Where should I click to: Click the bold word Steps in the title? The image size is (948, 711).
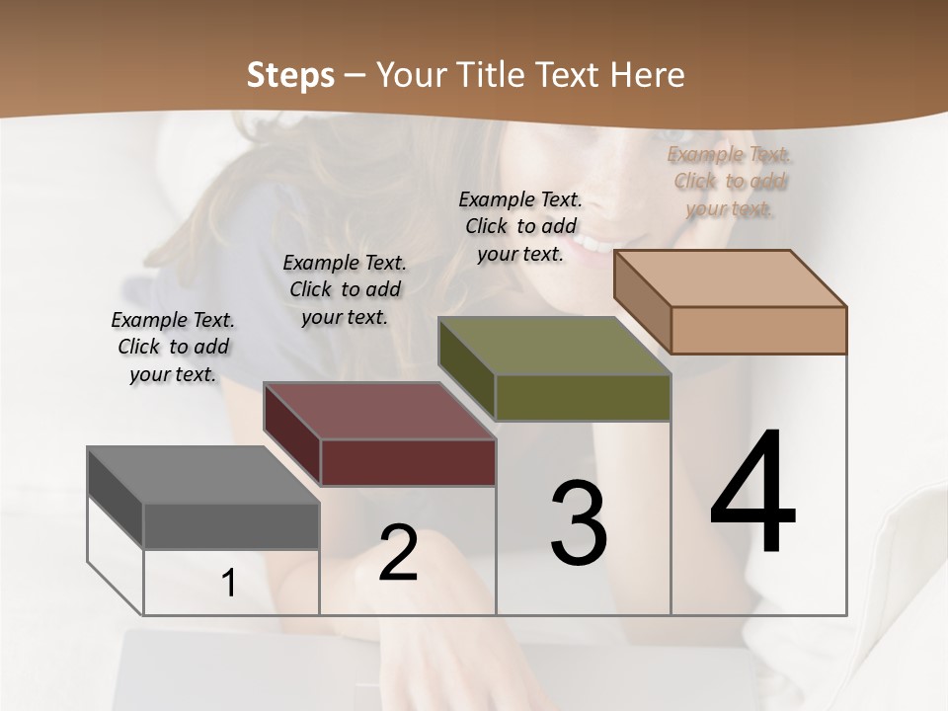[290, 75]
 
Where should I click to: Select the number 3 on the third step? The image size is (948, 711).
[578, 523]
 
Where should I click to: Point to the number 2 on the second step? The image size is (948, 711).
[399, 553]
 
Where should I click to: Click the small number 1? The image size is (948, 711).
[229, 584]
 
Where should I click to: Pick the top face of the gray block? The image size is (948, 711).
[202, 475]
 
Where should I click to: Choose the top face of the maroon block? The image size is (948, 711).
[379, 411]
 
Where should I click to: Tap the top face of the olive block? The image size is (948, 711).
[554, 346]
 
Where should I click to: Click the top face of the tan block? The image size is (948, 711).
[730, 278]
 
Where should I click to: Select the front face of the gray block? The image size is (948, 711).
[231, 526]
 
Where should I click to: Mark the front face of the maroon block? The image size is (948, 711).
[408, 462]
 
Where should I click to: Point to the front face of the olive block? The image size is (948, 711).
[583, 397]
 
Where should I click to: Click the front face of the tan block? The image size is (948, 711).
[758, 330]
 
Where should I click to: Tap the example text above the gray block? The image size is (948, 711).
[173, 347]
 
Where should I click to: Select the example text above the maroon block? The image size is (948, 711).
[345, 289]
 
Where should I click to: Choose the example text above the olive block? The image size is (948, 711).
[520, 226]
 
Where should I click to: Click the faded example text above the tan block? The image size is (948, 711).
[730, 181]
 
